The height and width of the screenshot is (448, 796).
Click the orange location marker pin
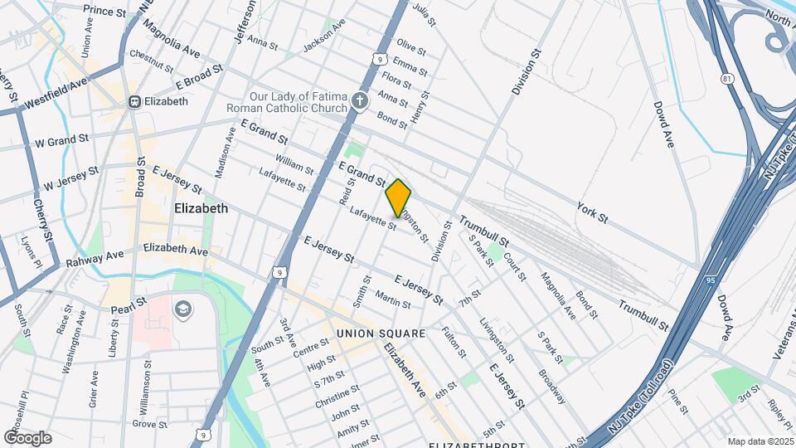(399, 197)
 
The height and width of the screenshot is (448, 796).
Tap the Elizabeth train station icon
(133, 101)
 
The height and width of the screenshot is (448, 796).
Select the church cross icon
(359, 101)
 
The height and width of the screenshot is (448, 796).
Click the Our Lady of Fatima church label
(290, 100)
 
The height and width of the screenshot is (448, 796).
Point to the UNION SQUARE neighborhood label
(381, 334)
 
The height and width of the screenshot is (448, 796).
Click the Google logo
(27, 437)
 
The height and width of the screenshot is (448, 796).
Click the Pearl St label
(129, 304)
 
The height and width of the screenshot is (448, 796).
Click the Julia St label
(424, 14)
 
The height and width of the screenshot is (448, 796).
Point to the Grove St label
(150, 424)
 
